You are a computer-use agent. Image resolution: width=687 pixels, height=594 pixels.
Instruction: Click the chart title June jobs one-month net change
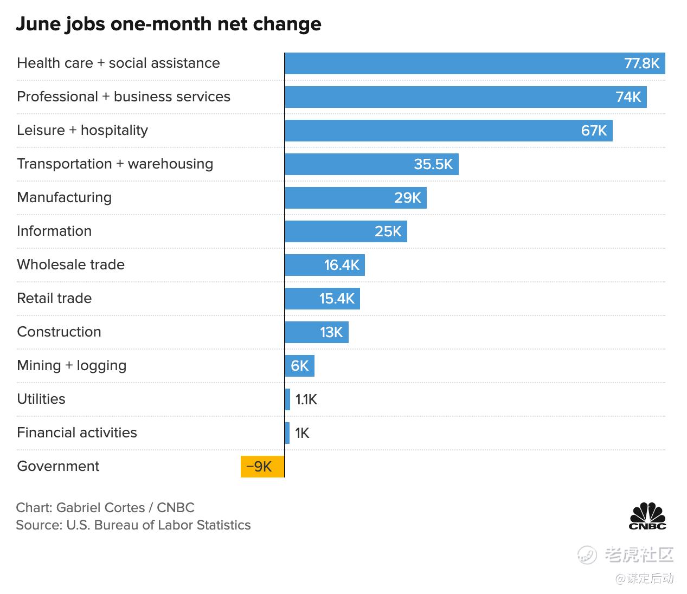point(168,24)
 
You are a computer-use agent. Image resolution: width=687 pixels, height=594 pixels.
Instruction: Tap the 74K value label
point(628,97)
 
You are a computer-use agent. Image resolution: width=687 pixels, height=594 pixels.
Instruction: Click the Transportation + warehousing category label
point(115,164)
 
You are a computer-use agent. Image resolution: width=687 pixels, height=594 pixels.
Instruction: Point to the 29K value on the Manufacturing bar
point(407,198)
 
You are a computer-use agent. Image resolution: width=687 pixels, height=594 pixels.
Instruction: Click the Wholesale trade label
point(70,264)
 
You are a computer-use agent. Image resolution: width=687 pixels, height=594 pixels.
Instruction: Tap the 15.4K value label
point(337,299)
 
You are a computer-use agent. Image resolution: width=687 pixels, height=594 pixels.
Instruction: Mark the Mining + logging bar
point(299,366)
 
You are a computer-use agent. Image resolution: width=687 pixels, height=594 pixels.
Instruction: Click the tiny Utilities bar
point(287,399)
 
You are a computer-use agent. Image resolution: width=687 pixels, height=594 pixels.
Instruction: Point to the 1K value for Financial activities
point(302,433)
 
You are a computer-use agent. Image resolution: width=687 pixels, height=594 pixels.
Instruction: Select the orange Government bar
point(262,467)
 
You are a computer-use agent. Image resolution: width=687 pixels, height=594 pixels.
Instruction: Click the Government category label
point(58,466)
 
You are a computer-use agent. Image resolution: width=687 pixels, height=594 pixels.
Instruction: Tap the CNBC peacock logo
point(647,516)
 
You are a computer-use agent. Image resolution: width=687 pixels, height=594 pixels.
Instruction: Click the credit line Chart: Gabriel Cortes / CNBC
point(105,508)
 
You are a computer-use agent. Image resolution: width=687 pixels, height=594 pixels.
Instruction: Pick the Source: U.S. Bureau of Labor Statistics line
point(133,525)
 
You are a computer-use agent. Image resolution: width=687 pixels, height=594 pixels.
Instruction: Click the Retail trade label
point(54,298)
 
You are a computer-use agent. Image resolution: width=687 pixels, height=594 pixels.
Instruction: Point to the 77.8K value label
point(641,63)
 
